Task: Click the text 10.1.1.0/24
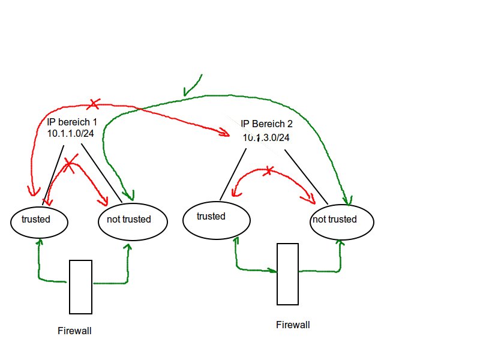click(70, 133)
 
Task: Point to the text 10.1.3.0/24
click(266, 137)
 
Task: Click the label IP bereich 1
click(72, 122)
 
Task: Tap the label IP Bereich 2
click(266, 124)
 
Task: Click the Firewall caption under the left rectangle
click(74, 331)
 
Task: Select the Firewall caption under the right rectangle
click(293, 325)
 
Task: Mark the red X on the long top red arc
click(94, 104)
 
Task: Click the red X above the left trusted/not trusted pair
click(70, 163)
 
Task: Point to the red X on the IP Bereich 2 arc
click(268, 171)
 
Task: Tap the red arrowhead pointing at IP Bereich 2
click(224, 132)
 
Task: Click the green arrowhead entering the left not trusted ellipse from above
click(128, 196)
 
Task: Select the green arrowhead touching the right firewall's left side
click(272, 271)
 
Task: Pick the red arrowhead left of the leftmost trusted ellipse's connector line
click(34, 191)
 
